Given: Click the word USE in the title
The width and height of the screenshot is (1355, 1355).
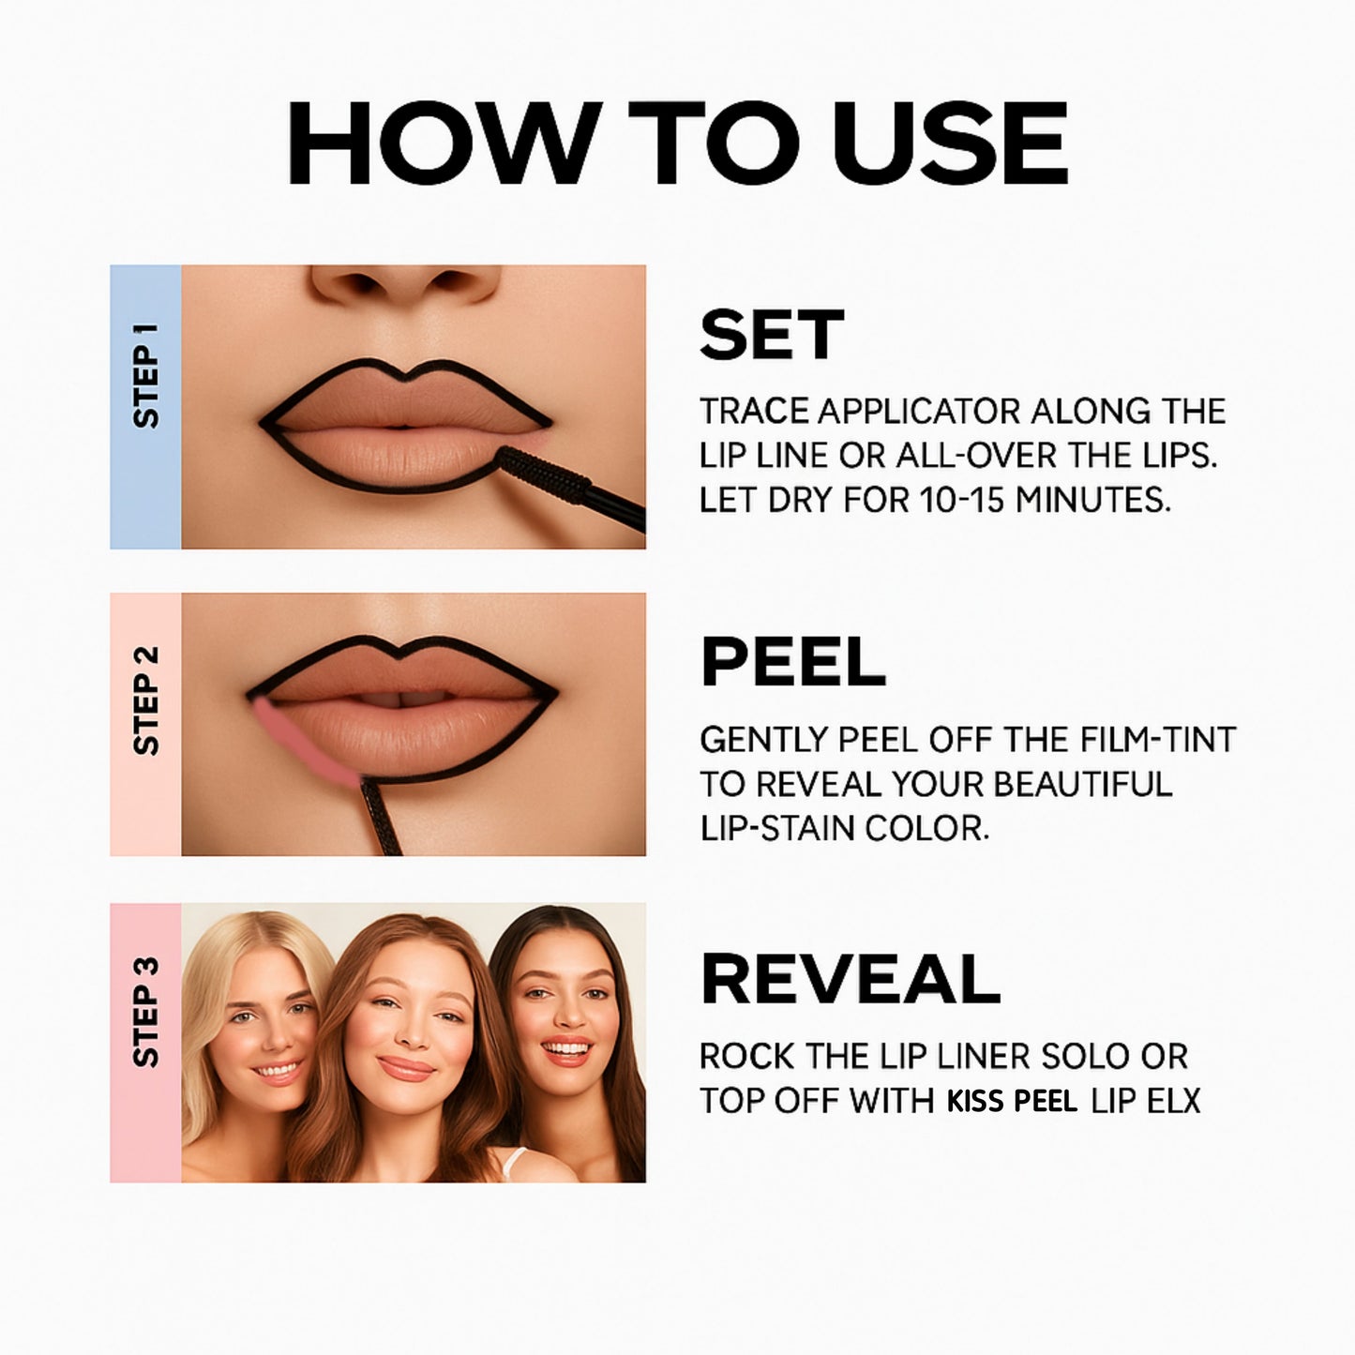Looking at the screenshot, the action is (951, 144).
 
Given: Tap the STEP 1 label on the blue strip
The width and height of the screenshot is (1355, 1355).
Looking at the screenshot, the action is (145, 375).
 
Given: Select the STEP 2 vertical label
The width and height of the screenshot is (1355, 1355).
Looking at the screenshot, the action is (145, 701).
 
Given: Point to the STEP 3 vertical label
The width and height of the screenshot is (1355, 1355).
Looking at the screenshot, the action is (145, 1013).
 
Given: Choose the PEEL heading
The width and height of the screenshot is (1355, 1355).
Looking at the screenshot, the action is (792, 662).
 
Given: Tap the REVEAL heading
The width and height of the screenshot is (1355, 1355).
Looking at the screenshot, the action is (851, 980).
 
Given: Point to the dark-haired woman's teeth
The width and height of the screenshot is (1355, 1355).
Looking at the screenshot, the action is (566, 1048).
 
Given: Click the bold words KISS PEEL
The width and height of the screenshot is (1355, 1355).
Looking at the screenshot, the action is (1012, 1102).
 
